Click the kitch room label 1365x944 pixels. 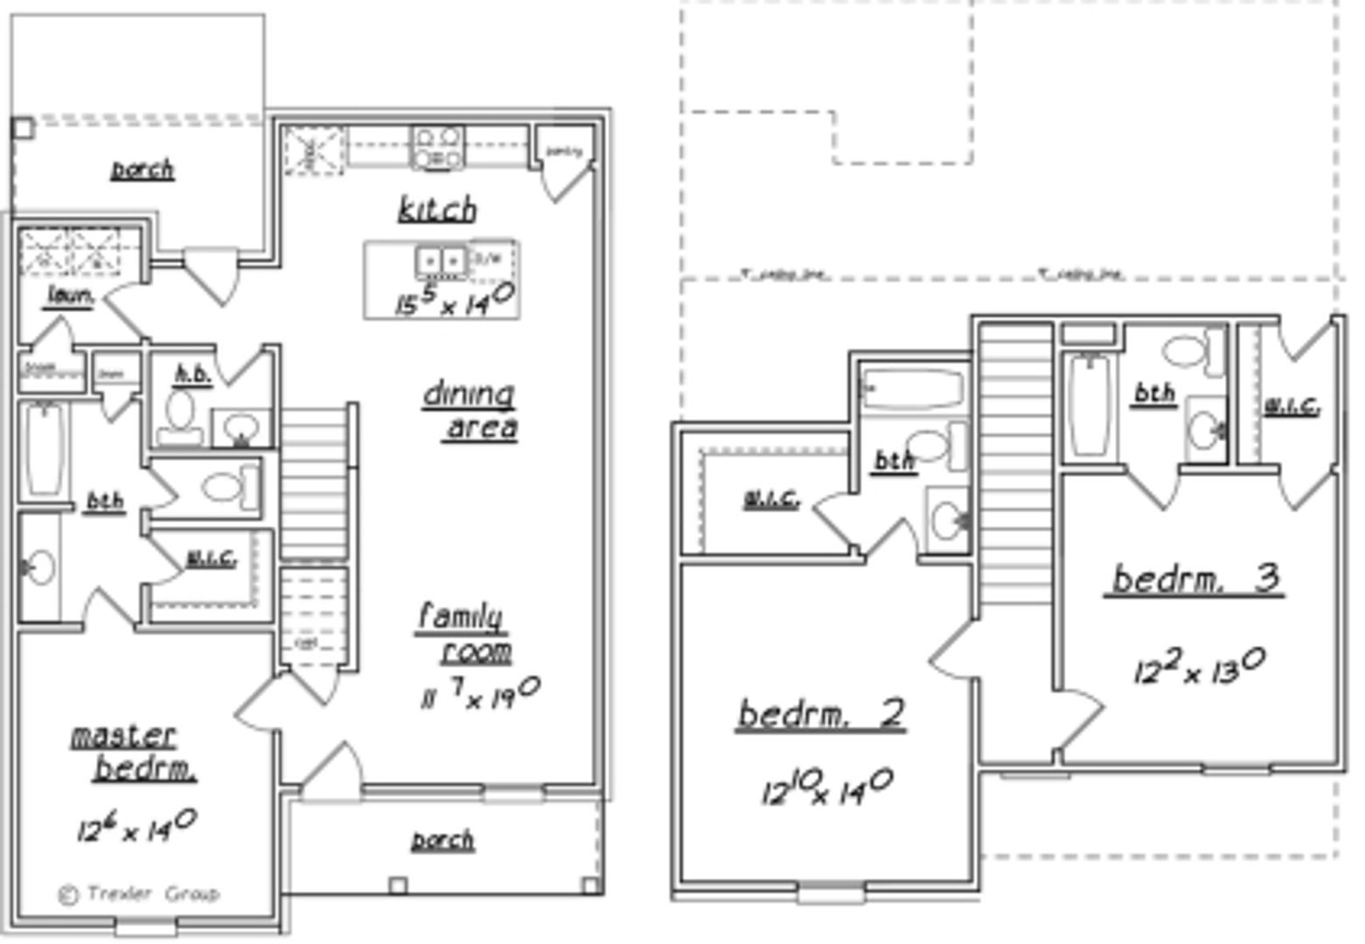pos(437,210)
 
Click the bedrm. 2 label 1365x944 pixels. pos(820,714)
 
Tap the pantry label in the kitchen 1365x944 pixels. pos(563,151)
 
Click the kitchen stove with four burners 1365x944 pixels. pos(437,147)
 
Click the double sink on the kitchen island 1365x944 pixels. pos(441,260)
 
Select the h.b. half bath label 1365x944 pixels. pos(193,375)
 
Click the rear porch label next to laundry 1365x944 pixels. pos(143,169)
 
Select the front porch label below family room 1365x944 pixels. pos(443,840)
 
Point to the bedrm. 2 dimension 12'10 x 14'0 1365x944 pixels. pos(825,787)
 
